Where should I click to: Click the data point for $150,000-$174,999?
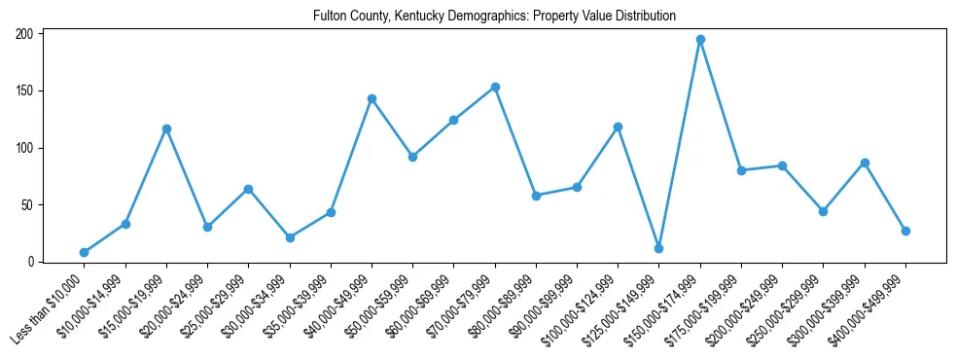700,40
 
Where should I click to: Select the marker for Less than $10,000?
84,252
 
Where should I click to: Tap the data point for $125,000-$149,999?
658,248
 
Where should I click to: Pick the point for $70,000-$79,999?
495,87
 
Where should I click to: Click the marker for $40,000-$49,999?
372,98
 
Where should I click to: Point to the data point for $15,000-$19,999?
166,128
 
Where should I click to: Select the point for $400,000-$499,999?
905,231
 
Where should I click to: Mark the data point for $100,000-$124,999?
618,126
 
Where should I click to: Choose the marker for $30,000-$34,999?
290,237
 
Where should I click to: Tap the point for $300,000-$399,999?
865,162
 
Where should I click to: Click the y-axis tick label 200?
24,34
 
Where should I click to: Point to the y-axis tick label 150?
24,90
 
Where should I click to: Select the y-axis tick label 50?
27,205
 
